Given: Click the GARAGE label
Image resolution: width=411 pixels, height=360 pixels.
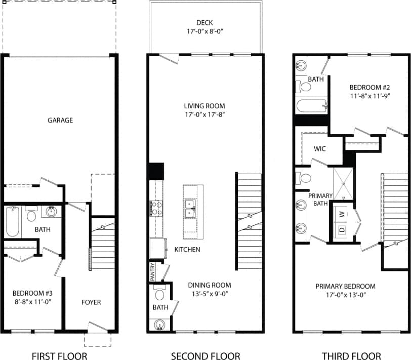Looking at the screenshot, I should pos(60,121).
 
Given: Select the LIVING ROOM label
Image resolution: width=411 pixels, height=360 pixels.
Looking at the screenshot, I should pos(204,106).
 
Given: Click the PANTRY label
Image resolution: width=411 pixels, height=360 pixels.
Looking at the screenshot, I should pos(152,272).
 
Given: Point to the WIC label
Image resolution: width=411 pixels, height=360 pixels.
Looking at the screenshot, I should pos(319,149).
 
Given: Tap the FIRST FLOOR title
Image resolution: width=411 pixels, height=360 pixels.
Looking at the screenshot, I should pos(59,356).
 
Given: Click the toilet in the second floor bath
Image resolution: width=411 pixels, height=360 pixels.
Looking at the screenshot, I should pos(159,294).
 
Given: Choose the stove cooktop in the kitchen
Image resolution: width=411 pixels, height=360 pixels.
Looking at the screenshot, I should pos(155,208).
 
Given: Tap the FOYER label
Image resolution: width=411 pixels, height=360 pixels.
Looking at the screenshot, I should pos(91,302).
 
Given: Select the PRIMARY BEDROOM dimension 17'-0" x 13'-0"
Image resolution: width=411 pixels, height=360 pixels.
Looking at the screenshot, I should pos(345,295).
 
